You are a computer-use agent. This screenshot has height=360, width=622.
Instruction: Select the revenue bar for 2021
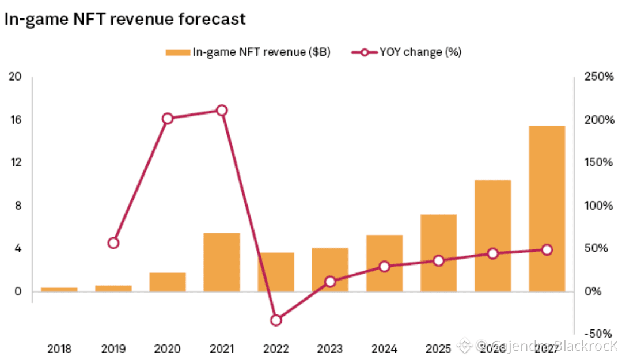pos(222,262)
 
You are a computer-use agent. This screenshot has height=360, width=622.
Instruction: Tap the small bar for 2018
pos(59,289)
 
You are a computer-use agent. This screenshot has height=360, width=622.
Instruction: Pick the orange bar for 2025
pos(439,253)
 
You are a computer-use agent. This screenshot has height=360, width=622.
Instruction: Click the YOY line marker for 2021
pos(222,111)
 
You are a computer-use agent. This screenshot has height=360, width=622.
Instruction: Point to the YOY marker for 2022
pos(276,320)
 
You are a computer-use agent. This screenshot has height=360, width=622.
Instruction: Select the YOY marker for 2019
pos(113,243)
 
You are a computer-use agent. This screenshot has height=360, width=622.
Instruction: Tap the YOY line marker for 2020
pos(168,119)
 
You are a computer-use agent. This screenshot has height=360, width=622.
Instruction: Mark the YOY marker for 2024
pos(385,267)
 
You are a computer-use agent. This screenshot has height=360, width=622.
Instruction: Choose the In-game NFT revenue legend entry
pos(248,52)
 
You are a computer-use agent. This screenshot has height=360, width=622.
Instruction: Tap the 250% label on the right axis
pos(598,77)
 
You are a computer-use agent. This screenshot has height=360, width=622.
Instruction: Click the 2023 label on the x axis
pos(330,348)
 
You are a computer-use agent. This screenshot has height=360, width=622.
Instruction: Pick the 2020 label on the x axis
pos(168,348)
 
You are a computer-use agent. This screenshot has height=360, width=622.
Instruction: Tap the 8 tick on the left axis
pos(18,206)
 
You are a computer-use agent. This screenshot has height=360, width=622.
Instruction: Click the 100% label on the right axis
pos(598,206)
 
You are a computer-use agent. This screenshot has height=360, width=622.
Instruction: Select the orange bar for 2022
pos(276,272)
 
